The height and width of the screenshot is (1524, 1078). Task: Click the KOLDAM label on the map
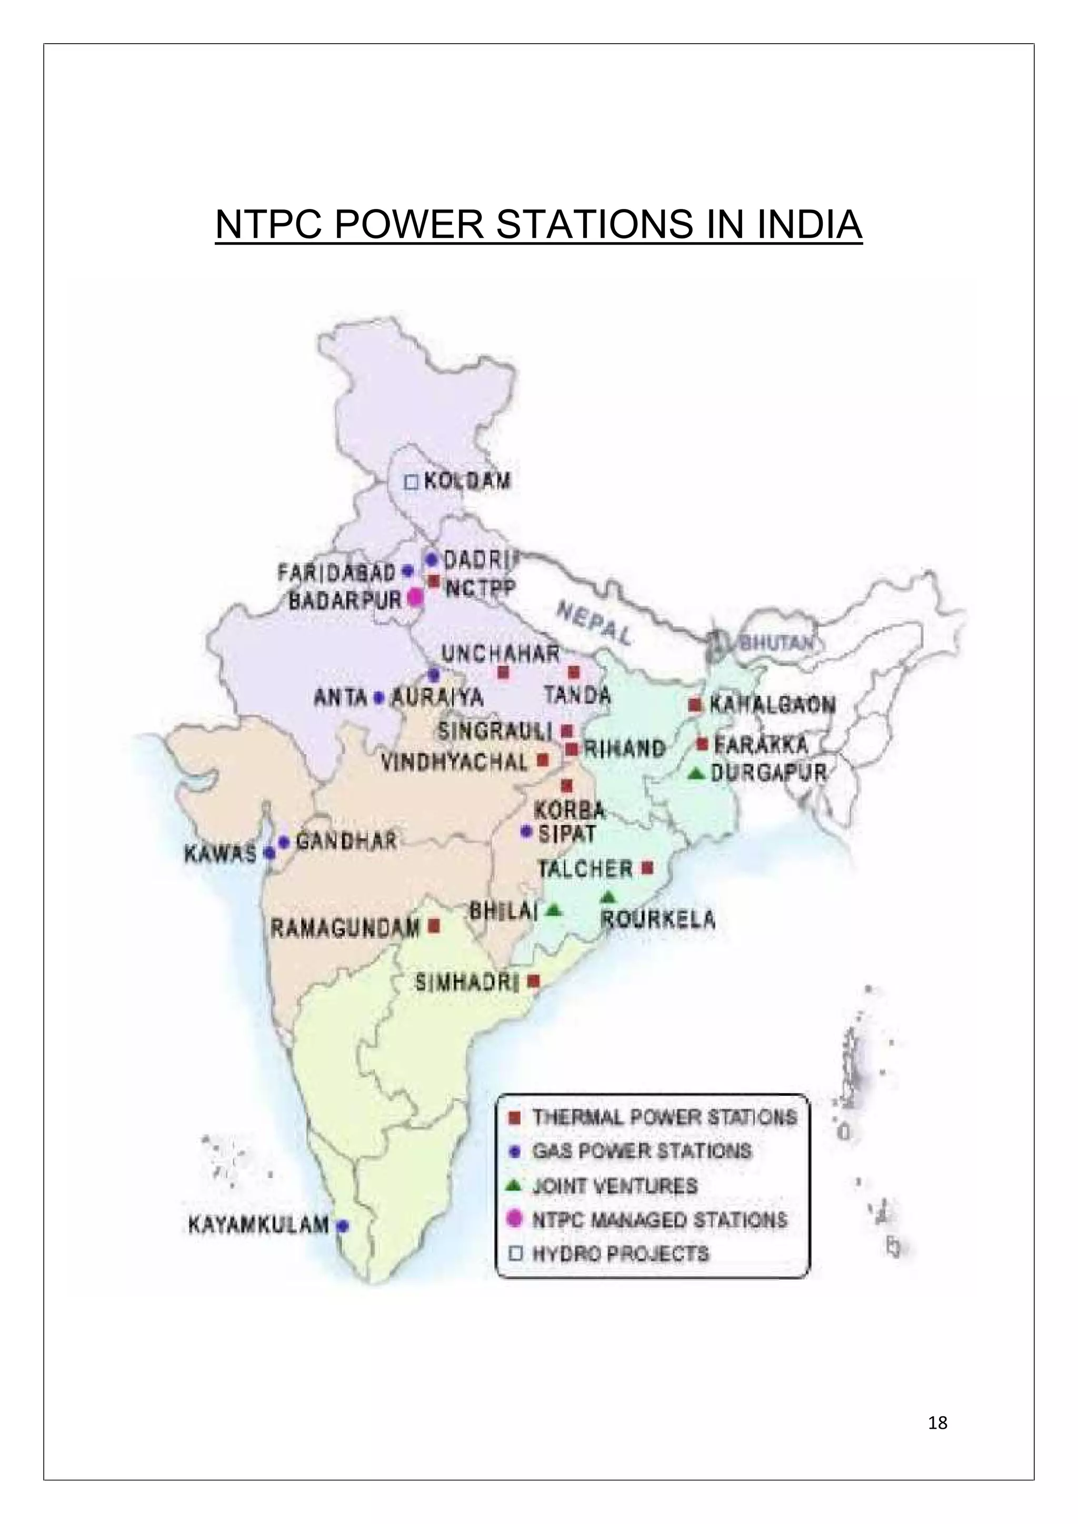[x=467, y=480]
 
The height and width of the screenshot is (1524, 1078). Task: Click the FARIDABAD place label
[x=336, y=571]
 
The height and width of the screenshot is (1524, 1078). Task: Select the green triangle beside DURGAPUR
[x=695, y=773]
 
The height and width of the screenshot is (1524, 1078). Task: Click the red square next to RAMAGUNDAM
[x=434, y=925]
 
